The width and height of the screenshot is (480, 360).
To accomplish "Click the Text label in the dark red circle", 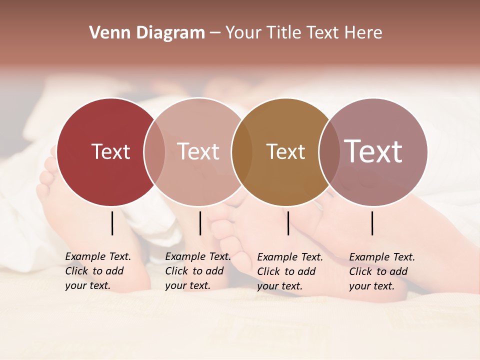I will (x=110, y=151).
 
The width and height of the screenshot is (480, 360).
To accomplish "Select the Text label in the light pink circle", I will (x=198, y=151).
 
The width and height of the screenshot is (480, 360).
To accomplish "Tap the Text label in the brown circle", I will (x=285, y=151).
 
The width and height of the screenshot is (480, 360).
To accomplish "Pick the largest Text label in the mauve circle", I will (x=373, y=151).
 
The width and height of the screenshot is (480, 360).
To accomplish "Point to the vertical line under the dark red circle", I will (x=112, y=223).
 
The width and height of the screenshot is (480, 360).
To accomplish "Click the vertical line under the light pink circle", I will (x=200, y=223).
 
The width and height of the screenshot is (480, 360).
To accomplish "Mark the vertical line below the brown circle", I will (x=288, y=223).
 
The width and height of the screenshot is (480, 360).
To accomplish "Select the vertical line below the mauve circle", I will (x=372, y=223).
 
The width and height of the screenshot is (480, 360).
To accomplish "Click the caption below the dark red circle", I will (x=97, y=271).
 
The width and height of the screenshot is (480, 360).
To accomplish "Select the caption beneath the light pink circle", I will (x=197, y=271).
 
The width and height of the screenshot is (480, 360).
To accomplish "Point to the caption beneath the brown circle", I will (x=289, y=271).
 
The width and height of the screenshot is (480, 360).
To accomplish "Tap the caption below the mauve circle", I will (x=381, y=271).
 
